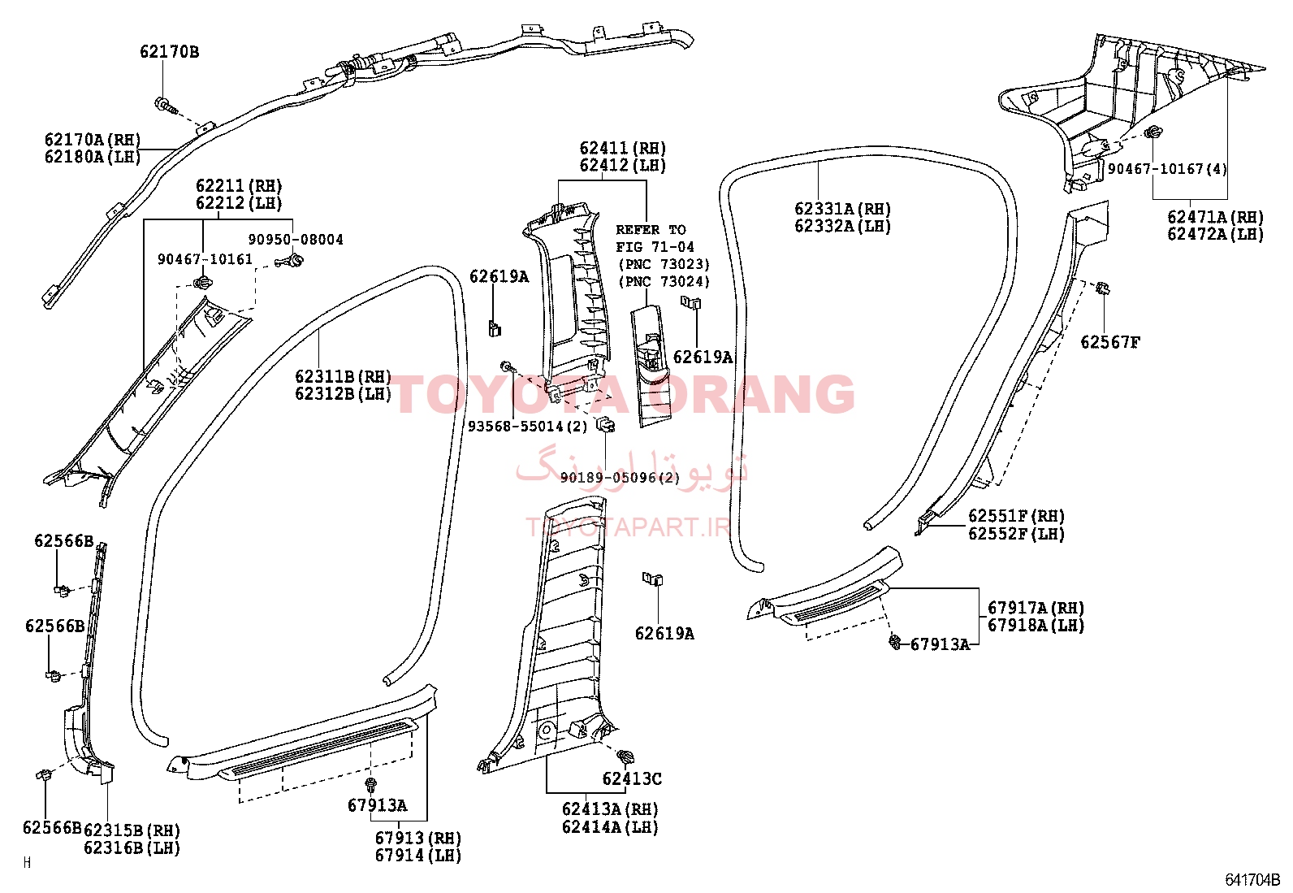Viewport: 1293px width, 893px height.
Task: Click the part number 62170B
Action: click(x=169, y=52)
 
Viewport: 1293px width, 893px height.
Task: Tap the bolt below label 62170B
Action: click(x=166, y=106)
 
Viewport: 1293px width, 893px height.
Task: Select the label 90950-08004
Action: click(x=296, y=240)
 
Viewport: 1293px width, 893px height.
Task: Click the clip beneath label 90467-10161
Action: click(x=202, y=283)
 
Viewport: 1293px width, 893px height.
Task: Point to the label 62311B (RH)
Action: click(x=343, y=376)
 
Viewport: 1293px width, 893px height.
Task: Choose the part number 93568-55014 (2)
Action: click(x=527, y=427)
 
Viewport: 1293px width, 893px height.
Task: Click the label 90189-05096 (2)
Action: click(x=620, y=478)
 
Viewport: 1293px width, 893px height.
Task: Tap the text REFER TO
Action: click(x=651, y=230)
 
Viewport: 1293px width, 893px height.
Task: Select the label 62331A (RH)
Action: click(x=843, y=209)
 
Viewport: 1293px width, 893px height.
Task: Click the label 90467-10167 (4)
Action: click(x=1167, y=169)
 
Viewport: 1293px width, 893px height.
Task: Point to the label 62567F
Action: click(x=1110, y=343)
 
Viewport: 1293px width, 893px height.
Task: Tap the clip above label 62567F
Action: click(x=1103, y=288)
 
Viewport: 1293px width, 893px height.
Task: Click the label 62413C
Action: click(x=632, y=778)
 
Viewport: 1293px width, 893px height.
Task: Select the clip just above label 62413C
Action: click(x=625, y=756)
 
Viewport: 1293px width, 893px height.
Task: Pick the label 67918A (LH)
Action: click(x=1036, y=625)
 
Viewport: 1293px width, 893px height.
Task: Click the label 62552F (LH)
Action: click(x=1017, y=533)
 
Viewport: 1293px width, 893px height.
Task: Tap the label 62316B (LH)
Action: click(x=132, y=848)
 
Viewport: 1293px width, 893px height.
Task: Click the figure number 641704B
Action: click(x=1252, y=880)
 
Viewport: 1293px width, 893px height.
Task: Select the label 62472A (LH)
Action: click(x=1216, y=234)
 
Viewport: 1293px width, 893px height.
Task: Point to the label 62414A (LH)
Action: click(x=610, y=826)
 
